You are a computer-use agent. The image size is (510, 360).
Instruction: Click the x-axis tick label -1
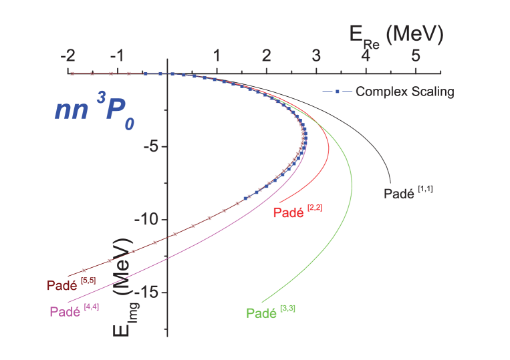[116, 56]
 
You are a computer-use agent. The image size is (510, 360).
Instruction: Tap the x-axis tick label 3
[316, 56]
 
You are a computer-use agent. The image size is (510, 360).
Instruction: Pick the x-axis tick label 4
[366, 56]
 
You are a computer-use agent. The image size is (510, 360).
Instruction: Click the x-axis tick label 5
[415, 56]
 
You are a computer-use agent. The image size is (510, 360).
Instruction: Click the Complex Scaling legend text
[404, 92]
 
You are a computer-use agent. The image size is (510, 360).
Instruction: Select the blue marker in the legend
[338, 92]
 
